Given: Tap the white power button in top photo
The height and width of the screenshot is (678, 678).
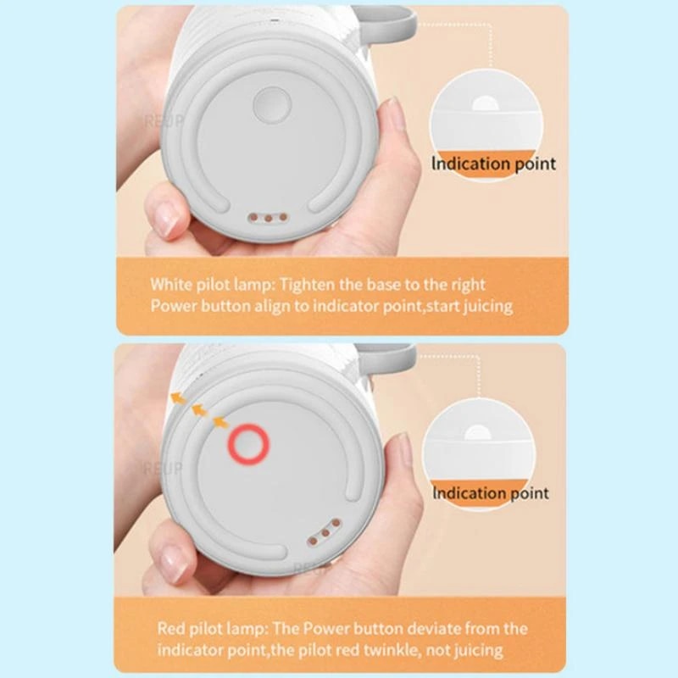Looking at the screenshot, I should pos(272,104).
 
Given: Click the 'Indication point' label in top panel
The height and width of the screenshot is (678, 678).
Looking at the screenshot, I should pos(494,164).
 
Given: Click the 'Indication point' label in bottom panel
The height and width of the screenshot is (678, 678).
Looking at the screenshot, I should pos(491,492).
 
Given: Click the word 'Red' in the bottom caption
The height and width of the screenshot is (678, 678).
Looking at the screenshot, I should pos(172,629).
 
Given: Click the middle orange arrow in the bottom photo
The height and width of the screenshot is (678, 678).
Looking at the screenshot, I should pos(198,409).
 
